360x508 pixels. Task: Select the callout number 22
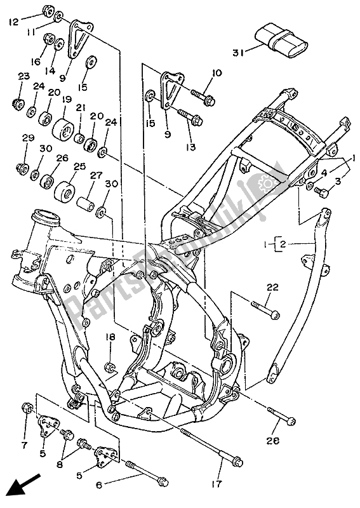(x=272, y=288)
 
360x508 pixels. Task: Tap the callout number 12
(x=14, y=22)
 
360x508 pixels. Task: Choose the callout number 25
(x=78, y=166)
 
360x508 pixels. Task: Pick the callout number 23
(x=23, y=76)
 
